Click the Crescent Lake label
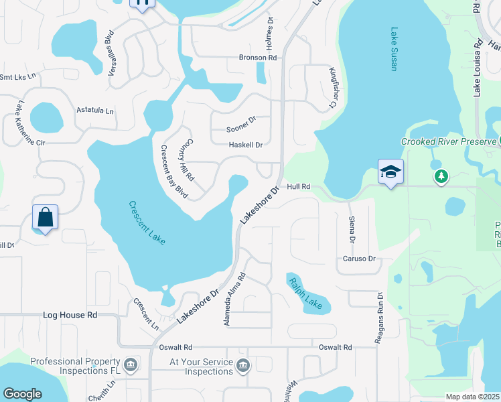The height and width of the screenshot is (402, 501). point(147,222)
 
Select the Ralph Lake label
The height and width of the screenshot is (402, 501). point(305,293)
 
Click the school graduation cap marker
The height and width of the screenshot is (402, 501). point(390,172)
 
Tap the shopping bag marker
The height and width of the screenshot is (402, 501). point(45,218)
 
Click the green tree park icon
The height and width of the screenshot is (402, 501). point(441,176)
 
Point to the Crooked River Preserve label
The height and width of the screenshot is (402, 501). point(448,141)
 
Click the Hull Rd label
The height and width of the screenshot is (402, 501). point(299,187)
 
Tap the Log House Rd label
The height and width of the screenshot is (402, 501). point(70,314)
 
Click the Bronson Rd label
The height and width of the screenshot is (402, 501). point(258,58)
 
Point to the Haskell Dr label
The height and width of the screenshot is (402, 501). point(246,145)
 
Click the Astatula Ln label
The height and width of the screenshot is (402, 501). point(95,109)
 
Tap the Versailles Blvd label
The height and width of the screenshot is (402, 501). point(109,46)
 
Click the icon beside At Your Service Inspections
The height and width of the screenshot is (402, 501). point(242,365)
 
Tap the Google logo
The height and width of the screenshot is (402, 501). point(23,394)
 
